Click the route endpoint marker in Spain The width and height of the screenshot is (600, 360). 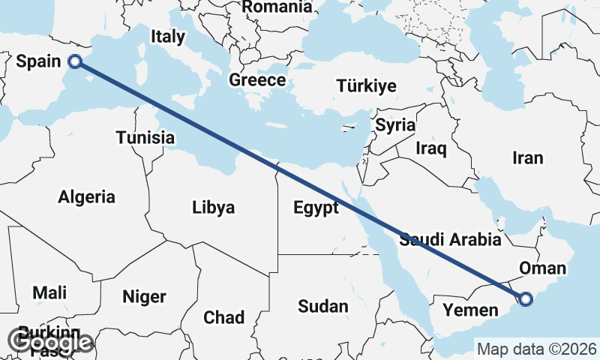pyautogui.click(x=74, y=61)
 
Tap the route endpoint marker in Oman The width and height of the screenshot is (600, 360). pyautogui.click(x=525, y=299)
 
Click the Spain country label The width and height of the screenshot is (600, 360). pyautogui.click(x=37, y=62)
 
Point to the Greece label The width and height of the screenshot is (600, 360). pyautogui.click(x=257, y=80)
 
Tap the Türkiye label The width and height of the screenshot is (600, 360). pyautogui.click(x=366, y=85)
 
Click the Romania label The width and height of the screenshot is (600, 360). pyautogui.click(x=277, y=7)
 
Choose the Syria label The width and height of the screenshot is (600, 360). pyautogui.click(x=395, y=125)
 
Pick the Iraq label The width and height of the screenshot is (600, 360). pyautogui.click(x=431, y=148)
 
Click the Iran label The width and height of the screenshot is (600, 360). pyautogui.click(x=527, y=158)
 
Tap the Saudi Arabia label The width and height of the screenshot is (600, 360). pyautogui.click(x=450, y=240)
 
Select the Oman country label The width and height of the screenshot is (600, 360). pyautogui.click(x=542, y=268)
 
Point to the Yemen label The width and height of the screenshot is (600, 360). pyautogui.click(x=470, y=310)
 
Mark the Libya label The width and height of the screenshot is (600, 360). pyautogui.click(x=213, y=207)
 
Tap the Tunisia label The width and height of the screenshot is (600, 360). pyautogui.click(x=145, y=137)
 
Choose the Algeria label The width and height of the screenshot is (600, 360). pyautogui.click(x=87, y=197)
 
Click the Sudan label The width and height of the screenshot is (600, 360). pyautogui.click(x=323, y=306)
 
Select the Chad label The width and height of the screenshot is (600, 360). pyautogui.click(x=224, y=317)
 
